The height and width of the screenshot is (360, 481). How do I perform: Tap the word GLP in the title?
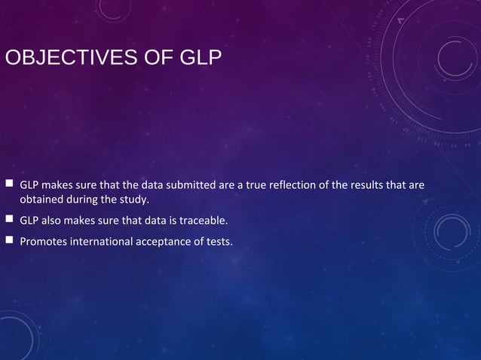[x=200, y=57]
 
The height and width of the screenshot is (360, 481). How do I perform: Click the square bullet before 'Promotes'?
[x=9, y=241]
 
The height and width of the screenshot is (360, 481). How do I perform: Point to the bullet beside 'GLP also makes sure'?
[x=9, y=221]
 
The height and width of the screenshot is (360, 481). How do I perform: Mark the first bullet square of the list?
[x=9, y=184]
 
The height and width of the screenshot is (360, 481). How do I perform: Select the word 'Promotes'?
[x=43, y=242]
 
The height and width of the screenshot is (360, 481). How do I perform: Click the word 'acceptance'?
[x=164, y=242]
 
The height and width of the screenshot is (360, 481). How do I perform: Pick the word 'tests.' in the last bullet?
[x=219, y=242]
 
